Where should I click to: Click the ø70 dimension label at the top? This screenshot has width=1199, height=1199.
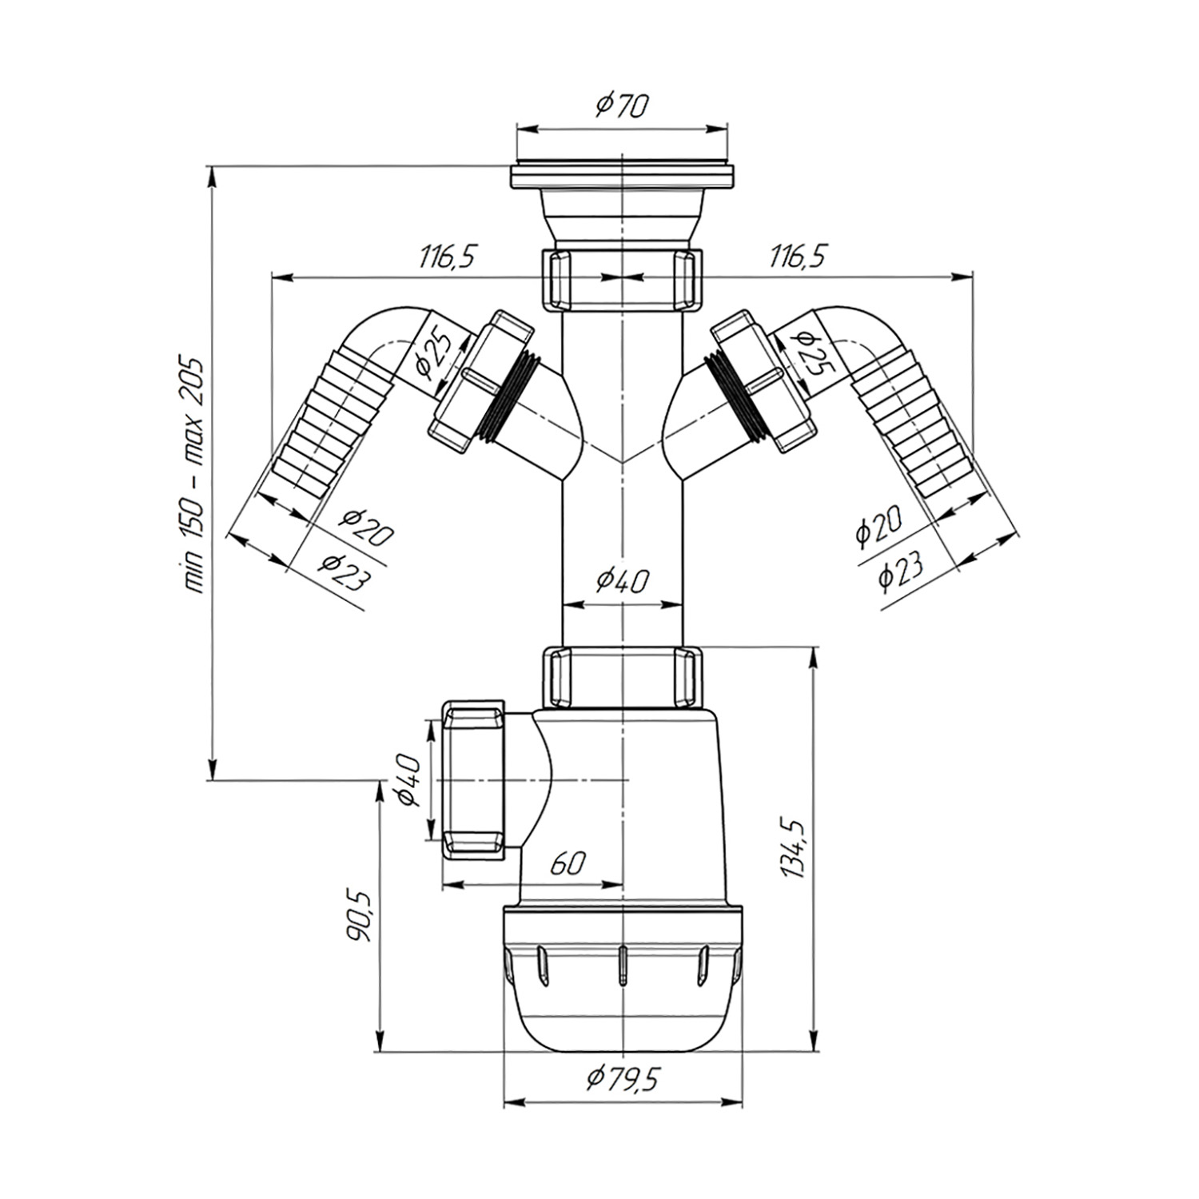pyautogui.click(x=623, y=106)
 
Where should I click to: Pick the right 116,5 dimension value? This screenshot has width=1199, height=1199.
pyautogui.click(x=798, y=257)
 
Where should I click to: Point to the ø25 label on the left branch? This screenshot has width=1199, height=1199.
pyautogui.click(x=433, y=355)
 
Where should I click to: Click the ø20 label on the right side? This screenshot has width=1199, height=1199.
pyautogui.click(x=877, y=525)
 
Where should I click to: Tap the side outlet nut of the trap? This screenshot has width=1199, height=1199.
pyautogui.click(x=474, y=780)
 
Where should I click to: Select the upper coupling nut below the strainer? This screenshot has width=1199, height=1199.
pyautogui.click(x=622, y=278)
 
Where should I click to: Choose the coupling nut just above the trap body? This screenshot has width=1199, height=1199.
pyautogui.click(x=622, y=677)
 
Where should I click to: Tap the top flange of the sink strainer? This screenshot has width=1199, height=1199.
pyautogui.click(x=622, y=177)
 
